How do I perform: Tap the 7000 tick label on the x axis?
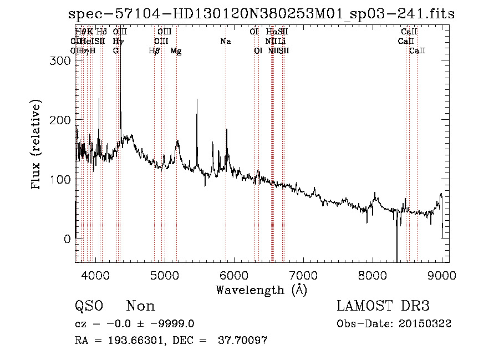pyautogui.click(x=303, y=275)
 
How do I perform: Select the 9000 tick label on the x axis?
pyautogui.click(x=442, y=275)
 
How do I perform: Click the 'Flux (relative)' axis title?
pyautogui.click(x=37, y=146)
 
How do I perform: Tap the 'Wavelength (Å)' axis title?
pyautogui.click(x=261, y=290)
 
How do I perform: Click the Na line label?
pyautogui.click(x=226, y=42)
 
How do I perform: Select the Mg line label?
pyautogui.click(x=176, y=51)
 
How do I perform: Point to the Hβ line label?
pyautogui.click(x=155, y=51)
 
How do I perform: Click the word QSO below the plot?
pyautogui.click(x=89, y=306)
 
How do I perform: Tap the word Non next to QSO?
pyautogui.click(x=141, y=306)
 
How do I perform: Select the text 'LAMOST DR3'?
pyautogui.click(x=383, y=306)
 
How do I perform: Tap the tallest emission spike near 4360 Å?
pyautogui.click(x=120, y=33)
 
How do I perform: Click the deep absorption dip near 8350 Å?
pyautogui.click(x=396, y=258)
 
